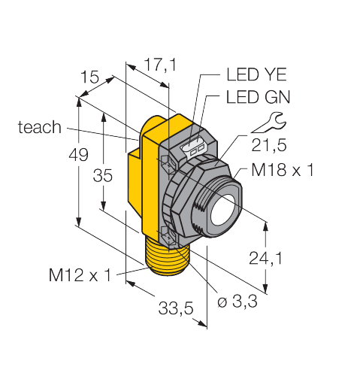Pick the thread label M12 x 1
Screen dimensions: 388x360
pos(79,275)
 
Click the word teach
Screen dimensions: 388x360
pos(39,127)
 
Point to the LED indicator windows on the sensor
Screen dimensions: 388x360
pos(195,147)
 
